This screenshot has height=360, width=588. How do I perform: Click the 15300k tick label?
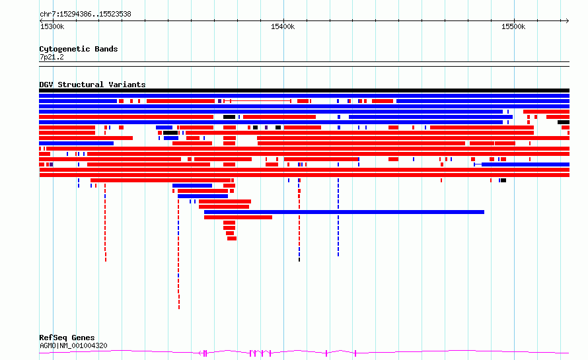tap(52, 26)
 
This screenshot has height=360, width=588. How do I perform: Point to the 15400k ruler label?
tap(283, 26)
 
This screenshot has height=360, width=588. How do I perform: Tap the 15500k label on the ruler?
tap(513, 26)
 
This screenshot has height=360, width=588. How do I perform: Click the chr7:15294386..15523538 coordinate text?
tap(85, 15)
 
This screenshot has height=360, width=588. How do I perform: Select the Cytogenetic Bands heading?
tap(79, 49)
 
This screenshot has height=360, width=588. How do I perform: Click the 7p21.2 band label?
tap(52, 57)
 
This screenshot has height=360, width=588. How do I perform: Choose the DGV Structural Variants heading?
tap(92, 85)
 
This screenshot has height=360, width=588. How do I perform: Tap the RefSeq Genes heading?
tap(67, 338)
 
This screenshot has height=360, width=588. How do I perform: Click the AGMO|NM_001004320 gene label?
tap(73, 345)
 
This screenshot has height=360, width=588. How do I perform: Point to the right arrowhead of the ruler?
tap(568, 21)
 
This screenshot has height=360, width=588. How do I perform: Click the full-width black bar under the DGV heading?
tap(304, 90)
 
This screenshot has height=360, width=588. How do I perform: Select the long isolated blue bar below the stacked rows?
tap(344, 212)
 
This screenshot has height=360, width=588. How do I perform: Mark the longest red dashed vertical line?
tap(179, 254)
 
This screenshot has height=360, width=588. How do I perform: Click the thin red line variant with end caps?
tap(257, 101)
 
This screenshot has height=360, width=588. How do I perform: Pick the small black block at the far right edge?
tap(564, 122)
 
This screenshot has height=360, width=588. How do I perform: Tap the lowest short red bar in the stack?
tap(232, 238)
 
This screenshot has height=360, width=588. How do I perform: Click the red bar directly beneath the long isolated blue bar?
tap(238, 217)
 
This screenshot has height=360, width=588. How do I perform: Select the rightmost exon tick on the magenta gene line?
tap(355, 353)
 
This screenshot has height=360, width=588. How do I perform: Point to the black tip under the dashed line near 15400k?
tap(299, 260)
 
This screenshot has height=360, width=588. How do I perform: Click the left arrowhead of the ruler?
tap(41, 21)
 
